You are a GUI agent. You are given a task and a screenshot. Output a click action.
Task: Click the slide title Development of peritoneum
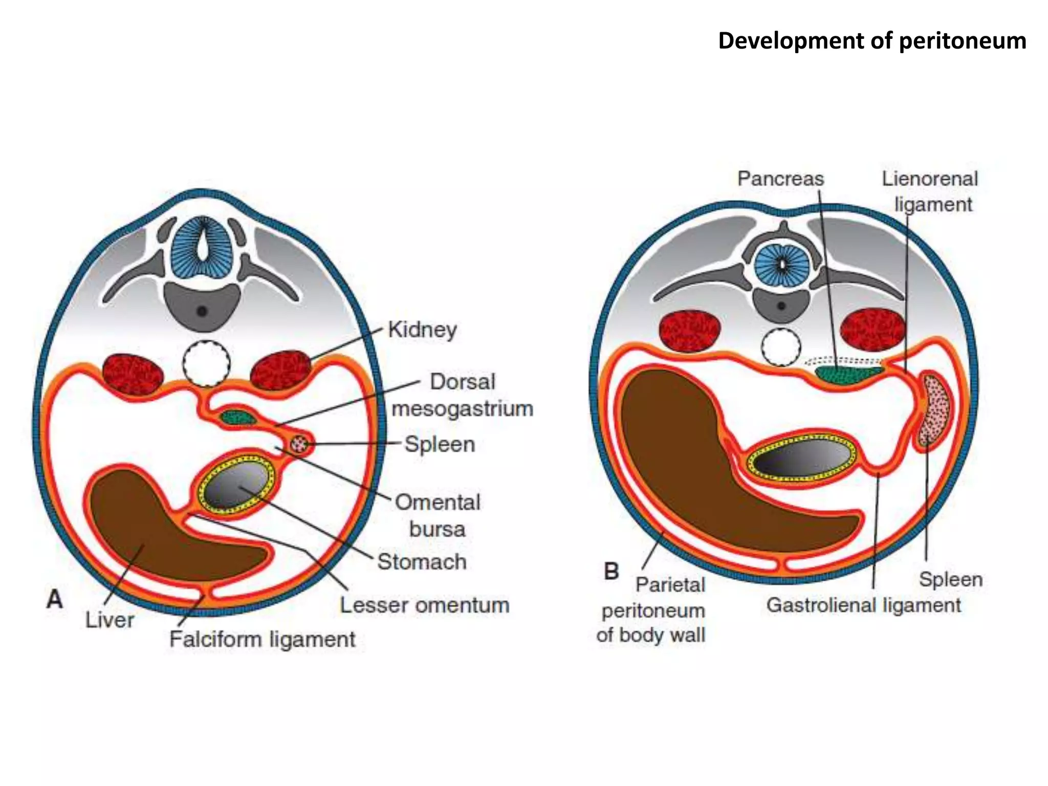[871, 41]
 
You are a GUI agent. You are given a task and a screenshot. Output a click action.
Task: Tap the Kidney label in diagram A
[422, 330]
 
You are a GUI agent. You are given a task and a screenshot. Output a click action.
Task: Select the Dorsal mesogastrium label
[462, 396]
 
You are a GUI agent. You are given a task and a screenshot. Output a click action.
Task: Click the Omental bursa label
[438, 515]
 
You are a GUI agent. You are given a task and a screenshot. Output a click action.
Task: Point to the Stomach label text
[422, 562]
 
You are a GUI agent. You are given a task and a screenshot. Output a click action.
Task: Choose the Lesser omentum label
[425, 605]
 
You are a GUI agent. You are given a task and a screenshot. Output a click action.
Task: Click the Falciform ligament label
[262, 640]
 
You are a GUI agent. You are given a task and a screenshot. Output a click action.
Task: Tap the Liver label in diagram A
[110, 620]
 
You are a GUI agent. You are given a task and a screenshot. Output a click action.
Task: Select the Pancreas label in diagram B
[780, 179]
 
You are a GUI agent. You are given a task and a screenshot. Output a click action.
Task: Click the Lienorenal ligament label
[930, 191]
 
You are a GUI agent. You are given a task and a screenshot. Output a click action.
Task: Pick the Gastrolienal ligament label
[863, 605]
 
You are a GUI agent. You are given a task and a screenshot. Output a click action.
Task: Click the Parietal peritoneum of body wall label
[652, 610]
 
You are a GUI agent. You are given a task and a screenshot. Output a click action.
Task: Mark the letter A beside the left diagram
[55, 599]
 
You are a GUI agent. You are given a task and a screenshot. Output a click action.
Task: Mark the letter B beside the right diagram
[611, 571]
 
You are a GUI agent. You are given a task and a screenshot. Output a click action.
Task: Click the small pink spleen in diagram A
[298, 444]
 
